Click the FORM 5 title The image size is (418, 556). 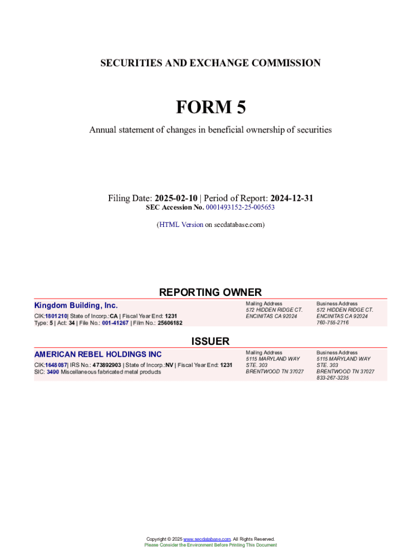pos(210,108)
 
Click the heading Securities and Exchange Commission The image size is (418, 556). pos(210,63)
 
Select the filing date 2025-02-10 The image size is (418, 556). pos(177,198)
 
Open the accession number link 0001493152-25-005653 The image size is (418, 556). pos(240,207)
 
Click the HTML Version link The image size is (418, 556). pos(181,224)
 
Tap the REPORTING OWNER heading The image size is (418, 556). pos(210,292)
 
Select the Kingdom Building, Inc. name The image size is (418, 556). pos(76,306)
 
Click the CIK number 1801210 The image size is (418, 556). pos(55,316)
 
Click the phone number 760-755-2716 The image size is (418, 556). pos(333,323)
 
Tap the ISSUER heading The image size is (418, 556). pos(210,341)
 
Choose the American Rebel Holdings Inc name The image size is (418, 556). pos(98,355)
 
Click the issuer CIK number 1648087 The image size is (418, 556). pos(56,365)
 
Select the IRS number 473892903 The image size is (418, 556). pos(107,365)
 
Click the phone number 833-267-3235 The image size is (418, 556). pos(333,378)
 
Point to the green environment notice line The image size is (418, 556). pos(210,545)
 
